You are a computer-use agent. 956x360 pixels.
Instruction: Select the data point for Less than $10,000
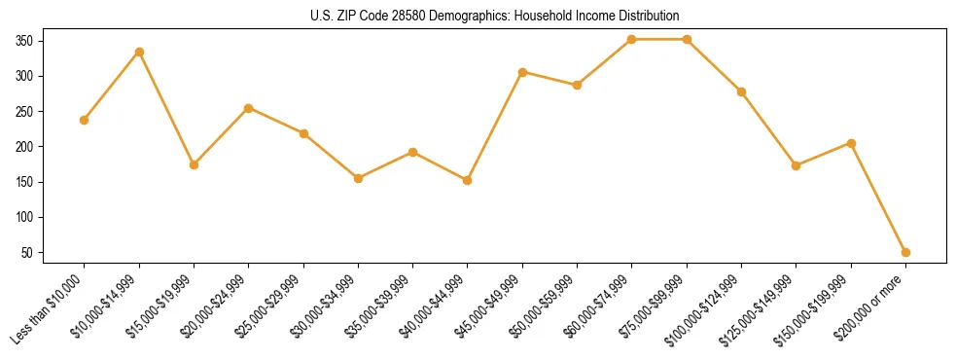pos(85,120)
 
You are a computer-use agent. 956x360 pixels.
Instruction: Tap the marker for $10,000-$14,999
pos(139,52)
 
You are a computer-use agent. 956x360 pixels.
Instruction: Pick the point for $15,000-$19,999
pos(194,164)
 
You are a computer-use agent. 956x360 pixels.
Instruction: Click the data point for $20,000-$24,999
pos(249,108)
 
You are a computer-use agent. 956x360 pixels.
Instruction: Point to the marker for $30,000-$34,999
pos(358,178)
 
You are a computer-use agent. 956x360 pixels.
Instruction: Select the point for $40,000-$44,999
pos(468,180)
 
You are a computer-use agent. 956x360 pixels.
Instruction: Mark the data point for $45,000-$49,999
pos(522,72)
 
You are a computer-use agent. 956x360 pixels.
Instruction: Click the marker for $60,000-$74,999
pos(632,39)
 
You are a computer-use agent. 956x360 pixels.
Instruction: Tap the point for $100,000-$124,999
pos(741,91)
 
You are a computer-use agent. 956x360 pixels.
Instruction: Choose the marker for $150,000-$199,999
pos(851,143)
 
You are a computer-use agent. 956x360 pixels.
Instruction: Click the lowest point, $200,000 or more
pos(905,252)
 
